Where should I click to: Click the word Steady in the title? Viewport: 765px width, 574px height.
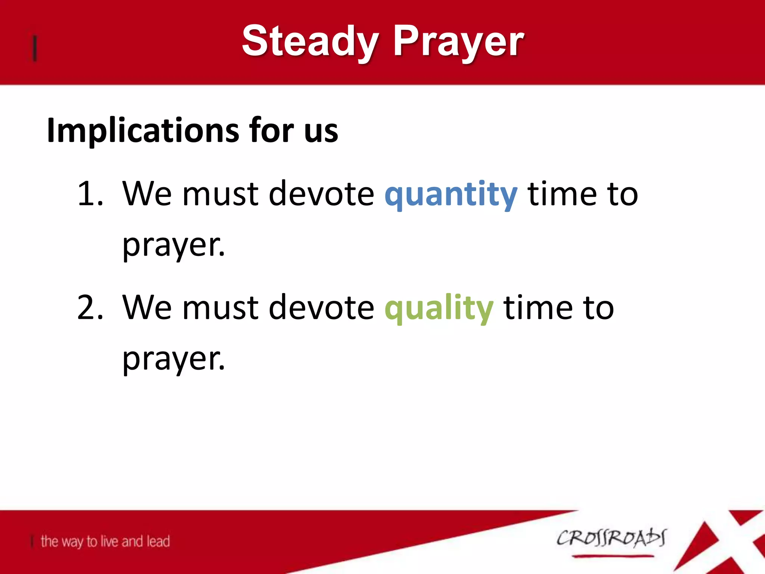click(x=310, y=41)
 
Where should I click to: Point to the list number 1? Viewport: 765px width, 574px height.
click(x=90, y=194)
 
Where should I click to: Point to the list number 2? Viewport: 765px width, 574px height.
click(x=90, y=307)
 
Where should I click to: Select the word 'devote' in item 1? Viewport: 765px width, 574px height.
click(x=321, y=194)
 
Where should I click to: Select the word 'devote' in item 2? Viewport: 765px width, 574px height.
click(x=321, y=307)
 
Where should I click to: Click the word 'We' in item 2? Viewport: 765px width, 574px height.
click(x=147, y=307)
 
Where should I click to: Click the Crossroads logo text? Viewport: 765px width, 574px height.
click(x=611, y=538)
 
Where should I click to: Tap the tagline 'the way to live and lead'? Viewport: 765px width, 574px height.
click(x=105, y=541)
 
